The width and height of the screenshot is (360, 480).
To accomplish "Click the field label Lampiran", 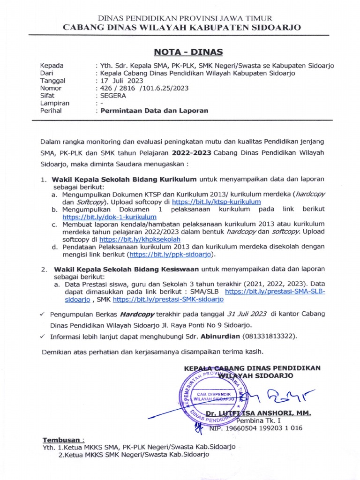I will (x=55, y=103).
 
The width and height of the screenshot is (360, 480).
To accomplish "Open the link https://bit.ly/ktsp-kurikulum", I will (x=216, y=202).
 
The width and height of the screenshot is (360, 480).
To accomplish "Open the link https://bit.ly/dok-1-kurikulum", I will (x=109, y=217).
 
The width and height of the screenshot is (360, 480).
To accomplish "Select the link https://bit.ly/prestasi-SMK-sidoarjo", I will (x=168, y=299).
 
